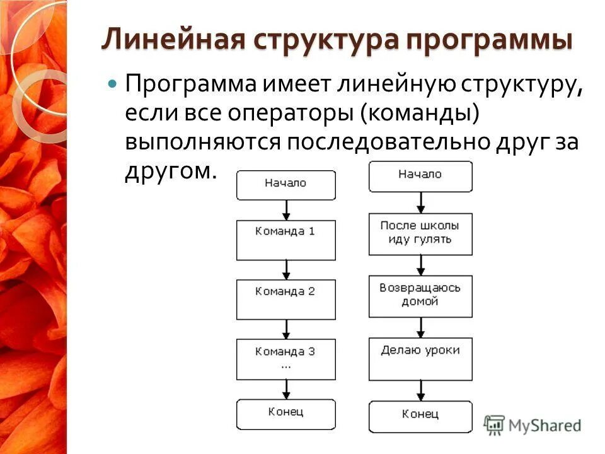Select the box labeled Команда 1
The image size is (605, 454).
coord(285,240)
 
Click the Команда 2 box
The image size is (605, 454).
coord(285,300)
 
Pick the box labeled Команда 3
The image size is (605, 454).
coord(285,358)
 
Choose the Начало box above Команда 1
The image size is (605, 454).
coord(285,185)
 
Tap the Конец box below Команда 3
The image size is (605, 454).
coord(285,414)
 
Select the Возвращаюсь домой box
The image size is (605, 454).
coord(420,295)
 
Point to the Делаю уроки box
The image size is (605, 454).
coord(420,358)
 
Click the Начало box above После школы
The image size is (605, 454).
coord(420,176)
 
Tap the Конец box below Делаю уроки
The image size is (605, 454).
coord(420,416)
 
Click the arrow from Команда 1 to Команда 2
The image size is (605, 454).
coord(287,270)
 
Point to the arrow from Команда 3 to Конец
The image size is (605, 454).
coord(287,390)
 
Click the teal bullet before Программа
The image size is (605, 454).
coord(113,83)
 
